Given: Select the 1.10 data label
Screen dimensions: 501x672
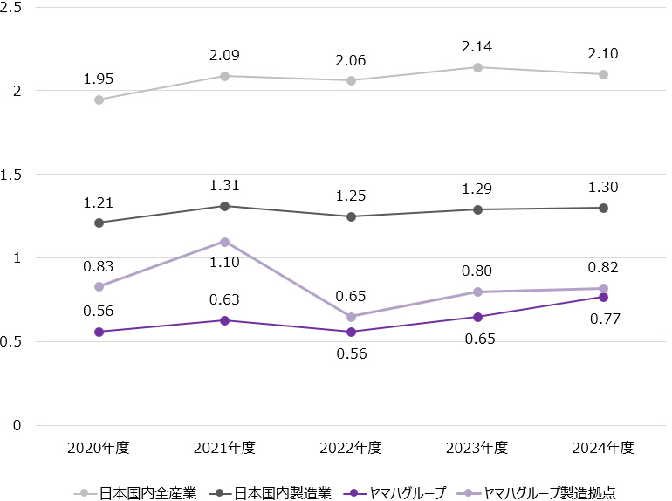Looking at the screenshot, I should pyautogui.click(x=224, y=262).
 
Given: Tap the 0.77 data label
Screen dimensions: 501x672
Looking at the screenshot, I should pyautogui.click(x=604, y=319).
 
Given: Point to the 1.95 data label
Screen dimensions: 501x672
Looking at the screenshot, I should pyautogui.click(x=99, y=79).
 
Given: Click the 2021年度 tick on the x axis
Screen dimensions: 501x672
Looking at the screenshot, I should pyautogui.click(x=224, y=448).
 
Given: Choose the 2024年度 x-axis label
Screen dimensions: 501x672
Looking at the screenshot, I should pyautogui.click(x=603, y=448).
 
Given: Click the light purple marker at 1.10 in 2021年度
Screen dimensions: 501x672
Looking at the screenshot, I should pyautogui.click(x=224, y=242).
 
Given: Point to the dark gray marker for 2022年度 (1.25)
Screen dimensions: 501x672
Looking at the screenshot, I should pyautogui.click(x=351, y=216).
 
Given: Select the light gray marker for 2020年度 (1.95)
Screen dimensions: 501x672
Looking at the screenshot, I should pyautogui.click(x=99, y=100).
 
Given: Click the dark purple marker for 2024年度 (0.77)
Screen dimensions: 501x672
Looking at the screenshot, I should pyautogui.click(x=603, y=297).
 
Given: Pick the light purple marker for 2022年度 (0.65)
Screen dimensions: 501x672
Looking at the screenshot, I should pyautogui.click(x=351, y=317).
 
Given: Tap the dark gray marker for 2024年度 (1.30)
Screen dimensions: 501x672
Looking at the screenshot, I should pyautogui.click(x=603, y=208).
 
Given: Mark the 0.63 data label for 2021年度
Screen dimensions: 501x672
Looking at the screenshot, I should pyautogui.click(x=224, y=300).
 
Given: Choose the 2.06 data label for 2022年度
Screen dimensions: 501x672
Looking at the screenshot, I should pyautogui.click(x=351, y=60).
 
